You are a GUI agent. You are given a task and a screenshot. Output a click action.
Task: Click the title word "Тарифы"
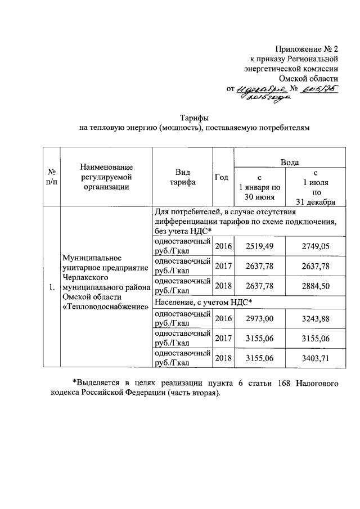[194, 118]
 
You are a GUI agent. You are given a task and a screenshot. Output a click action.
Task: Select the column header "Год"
[222, 177]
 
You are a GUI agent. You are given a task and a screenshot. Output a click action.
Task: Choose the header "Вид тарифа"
[182, 177]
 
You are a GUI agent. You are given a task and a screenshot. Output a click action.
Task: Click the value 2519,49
[260, 246]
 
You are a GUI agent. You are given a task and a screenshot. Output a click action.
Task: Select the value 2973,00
[260, 318]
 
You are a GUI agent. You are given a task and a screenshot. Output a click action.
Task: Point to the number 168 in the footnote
[283, 384]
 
